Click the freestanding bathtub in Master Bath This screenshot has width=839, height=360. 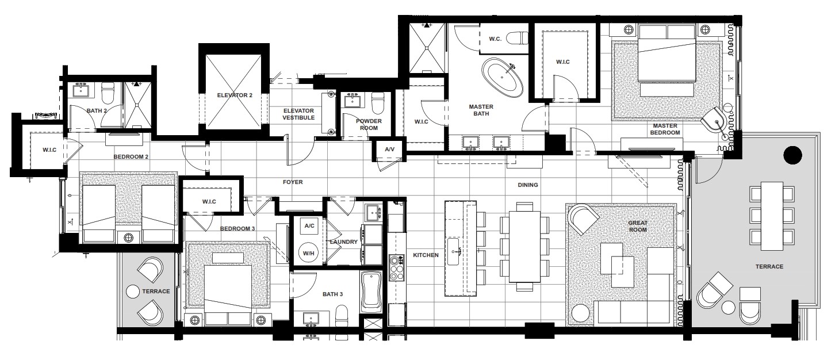(502, 78)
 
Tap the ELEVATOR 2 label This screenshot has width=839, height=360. (235, 95)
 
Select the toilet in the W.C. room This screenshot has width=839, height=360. (517, 38)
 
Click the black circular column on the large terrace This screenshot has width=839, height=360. (792, 155)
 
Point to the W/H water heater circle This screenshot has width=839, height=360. (309, 253)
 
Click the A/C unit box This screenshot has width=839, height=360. (309, 226)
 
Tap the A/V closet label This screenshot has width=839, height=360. (389, 149)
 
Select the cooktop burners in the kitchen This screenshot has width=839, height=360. (397, 267)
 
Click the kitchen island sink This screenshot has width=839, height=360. (454, 251)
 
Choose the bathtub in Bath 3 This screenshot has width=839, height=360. (371, 292)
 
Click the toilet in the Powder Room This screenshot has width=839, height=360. (378, 102)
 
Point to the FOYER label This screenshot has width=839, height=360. (293, 182)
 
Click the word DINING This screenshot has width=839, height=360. (528, 185)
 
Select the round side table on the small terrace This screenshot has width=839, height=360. (133, 292)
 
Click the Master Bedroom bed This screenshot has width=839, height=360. (667, 53)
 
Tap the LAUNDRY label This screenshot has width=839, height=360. (343, 242)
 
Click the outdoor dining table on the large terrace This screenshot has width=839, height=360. (772, 216)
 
